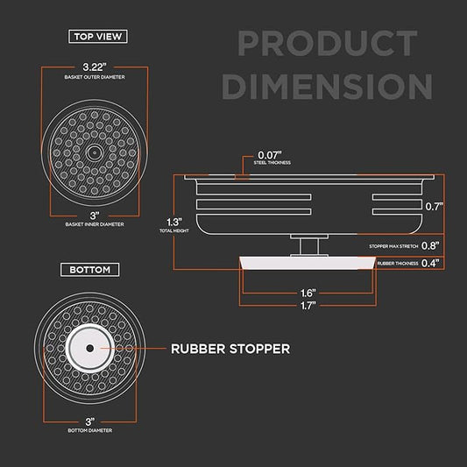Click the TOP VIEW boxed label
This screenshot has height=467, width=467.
click(x=98, y=36)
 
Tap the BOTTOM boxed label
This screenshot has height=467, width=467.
click(x=90, y=270)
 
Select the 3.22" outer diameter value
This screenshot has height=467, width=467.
click(x=95, y=67)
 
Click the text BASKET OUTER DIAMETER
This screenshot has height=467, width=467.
click(x=95, y=77)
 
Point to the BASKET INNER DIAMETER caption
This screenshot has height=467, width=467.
click(x=95, y=224)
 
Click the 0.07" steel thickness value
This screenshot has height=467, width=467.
click(x=270, y=155)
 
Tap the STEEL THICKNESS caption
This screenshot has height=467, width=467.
click(x=272, y=163)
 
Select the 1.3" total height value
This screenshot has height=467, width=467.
click(x=174, y=223)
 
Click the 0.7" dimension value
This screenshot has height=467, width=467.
click(x=434, y=207)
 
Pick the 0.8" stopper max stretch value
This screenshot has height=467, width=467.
click(x=430, y=245)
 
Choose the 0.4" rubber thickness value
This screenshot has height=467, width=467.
click(x=430, y=263)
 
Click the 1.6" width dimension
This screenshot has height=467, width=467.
click(x=308, y=293)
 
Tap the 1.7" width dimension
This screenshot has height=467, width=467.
click(x=308, y=306)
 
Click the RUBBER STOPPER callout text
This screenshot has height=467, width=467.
click(x=230, y=349)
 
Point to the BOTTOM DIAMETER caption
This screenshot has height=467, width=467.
click(x=90, y=430)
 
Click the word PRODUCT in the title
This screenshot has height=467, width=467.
click(x=328, y=43)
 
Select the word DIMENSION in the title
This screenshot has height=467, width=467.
click(x=327, y=87)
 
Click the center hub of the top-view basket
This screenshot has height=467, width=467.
click(x=95, y=152)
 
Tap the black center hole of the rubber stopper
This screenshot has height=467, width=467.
click(x=89, y=348)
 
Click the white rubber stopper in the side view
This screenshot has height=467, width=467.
click(x=308, y=263)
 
